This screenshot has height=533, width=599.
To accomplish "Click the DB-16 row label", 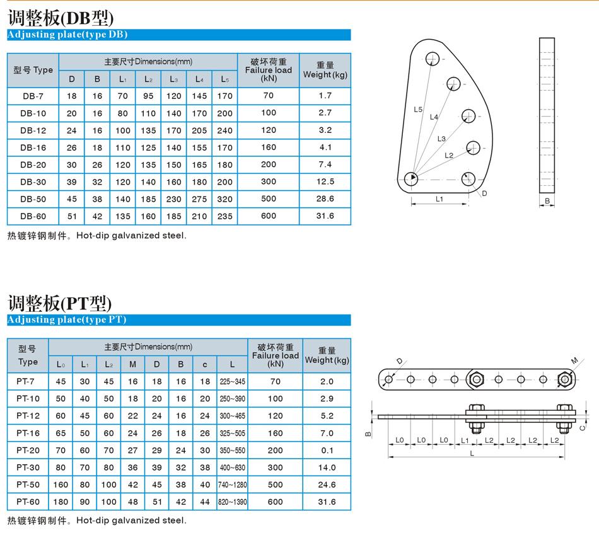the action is coord(33,148).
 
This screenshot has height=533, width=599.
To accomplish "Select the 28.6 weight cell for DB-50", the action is coord(325,198).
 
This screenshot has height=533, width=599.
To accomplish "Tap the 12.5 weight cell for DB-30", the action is coord(325,181).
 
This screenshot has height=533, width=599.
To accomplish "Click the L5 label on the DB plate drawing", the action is coord(418,110).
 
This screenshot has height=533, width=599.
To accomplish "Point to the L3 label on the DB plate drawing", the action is coord(441,139).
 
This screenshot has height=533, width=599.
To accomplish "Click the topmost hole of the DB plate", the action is coord(433,59).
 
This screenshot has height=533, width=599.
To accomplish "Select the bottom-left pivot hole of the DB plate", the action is coord(411,179).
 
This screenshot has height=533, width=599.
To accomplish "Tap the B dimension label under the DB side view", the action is coord(547,201).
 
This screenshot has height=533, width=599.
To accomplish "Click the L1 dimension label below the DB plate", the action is coord(439,199).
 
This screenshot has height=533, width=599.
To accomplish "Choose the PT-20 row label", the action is coord(28,450).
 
